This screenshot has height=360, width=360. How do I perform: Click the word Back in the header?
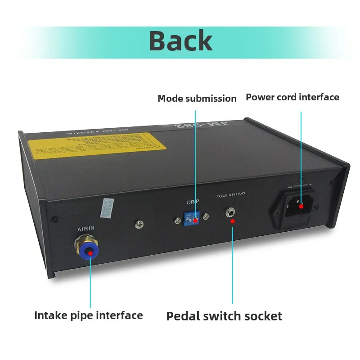coord(180,40)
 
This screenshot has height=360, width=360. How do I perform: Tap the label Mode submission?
coord(197,98)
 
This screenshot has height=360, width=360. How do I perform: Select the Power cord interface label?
coord(292,97)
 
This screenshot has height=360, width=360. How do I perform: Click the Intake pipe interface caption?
coord(89,315)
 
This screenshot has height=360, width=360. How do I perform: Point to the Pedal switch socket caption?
coord(224,316)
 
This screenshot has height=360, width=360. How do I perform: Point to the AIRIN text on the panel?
coord(86,229)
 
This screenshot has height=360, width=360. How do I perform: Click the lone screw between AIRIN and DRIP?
coord(139,223)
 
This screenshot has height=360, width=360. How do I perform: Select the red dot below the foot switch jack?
coord(232,221)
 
